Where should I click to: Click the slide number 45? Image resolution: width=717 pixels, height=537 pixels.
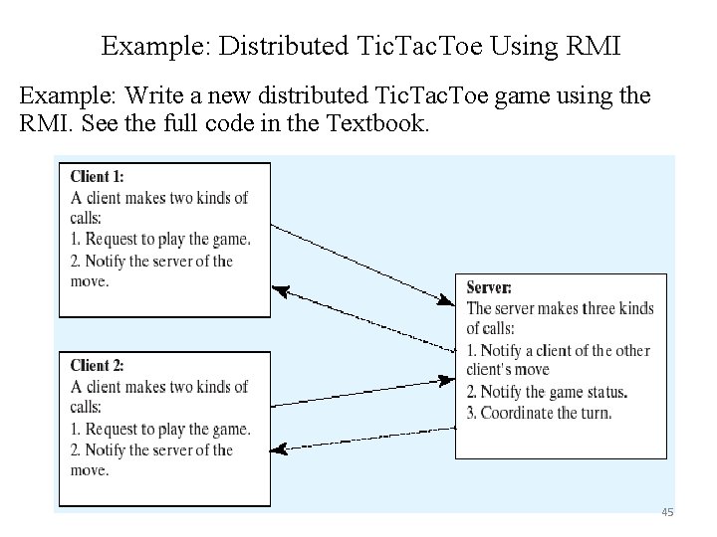coord(667,512)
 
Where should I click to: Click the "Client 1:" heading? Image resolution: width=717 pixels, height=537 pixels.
coord(97,177)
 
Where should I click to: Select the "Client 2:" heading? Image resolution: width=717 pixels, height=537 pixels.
coord(97,366)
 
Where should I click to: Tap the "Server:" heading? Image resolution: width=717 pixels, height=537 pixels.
coord(489,287)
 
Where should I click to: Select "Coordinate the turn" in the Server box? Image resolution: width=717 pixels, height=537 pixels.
coord(546,413)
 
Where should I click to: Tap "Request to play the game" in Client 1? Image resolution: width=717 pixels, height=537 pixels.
coord(167,239)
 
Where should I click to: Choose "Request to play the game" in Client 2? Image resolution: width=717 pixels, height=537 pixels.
coord(167,429)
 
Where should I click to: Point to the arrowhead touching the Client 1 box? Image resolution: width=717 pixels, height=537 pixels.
coord(280,291)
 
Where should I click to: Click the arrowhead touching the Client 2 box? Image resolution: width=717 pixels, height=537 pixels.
coord(280,449)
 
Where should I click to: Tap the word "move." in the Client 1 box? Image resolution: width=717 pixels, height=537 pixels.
coord(90,280)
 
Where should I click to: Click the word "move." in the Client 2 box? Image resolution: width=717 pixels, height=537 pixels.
coord(90,469)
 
